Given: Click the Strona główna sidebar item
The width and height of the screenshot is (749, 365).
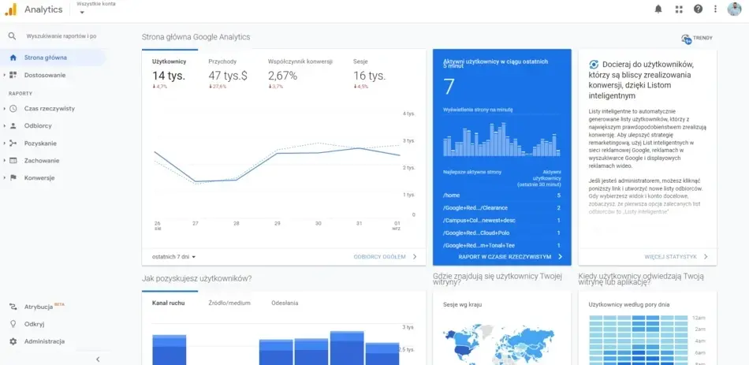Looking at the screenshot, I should click(45, 58).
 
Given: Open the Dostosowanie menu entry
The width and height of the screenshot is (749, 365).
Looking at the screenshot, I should click(44, 75).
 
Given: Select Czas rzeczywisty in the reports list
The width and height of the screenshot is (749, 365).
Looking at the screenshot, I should click(49, 108).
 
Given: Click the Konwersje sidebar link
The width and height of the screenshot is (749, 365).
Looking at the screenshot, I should click(39, 177).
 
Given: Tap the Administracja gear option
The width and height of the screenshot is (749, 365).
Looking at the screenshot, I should click(44, 341).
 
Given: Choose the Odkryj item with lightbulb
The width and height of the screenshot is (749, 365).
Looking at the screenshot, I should click(35, 324).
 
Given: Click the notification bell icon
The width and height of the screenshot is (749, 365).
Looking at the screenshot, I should click(658, 9).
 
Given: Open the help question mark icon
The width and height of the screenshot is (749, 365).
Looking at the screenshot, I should click(698, 9).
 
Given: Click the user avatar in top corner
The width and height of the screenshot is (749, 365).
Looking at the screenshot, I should click(734, 9).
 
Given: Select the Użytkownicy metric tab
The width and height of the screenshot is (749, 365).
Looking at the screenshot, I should click(169, 61).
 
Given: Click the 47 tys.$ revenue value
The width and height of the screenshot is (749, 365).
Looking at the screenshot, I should click(228, 76).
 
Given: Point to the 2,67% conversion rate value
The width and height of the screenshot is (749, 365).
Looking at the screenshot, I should click(282, 76).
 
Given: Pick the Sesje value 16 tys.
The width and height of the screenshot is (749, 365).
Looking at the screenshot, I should click(369, 76).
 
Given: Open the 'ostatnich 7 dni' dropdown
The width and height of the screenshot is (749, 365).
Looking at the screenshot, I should click(173, 256).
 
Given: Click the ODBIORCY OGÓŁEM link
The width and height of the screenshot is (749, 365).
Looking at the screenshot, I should click(380, 256).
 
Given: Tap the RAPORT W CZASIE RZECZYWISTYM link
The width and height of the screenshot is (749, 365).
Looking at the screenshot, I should click(505, 256).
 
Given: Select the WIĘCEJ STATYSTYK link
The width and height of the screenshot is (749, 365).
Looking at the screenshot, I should click(670, 256).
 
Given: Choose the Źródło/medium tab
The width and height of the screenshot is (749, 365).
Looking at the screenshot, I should click(229, 303).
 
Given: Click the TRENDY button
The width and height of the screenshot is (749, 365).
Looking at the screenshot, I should click(697, 38).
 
